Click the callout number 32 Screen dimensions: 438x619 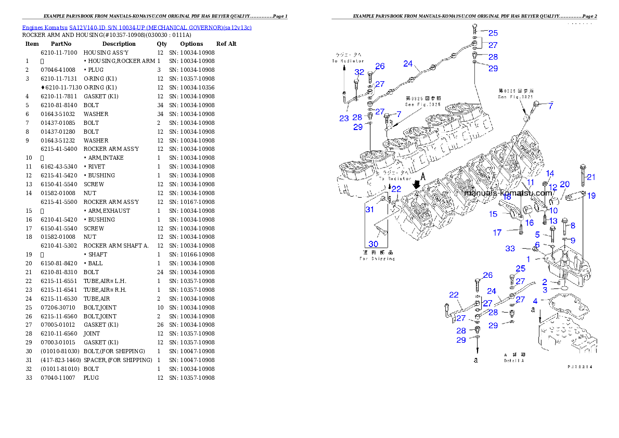(359, 72)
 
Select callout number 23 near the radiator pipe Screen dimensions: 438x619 (344, 118)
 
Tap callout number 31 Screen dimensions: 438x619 (369, 210)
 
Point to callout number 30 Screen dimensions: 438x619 (373, 244)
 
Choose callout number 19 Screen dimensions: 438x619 (591, 196)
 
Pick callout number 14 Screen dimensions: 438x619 (550, 174)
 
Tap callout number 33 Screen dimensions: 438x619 (511, 249)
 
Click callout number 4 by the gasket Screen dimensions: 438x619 (535, 301)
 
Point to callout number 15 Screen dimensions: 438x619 (493, 214)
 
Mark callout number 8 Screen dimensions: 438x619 (573, 225)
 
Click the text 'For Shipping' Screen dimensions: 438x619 (378, 259)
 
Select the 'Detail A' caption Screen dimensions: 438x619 (513, 360)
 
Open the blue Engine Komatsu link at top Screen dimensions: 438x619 (137, 28)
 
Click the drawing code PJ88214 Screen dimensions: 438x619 (580, 367)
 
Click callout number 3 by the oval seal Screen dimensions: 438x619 (545, 290)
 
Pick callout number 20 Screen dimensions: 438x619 (564, 184)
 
